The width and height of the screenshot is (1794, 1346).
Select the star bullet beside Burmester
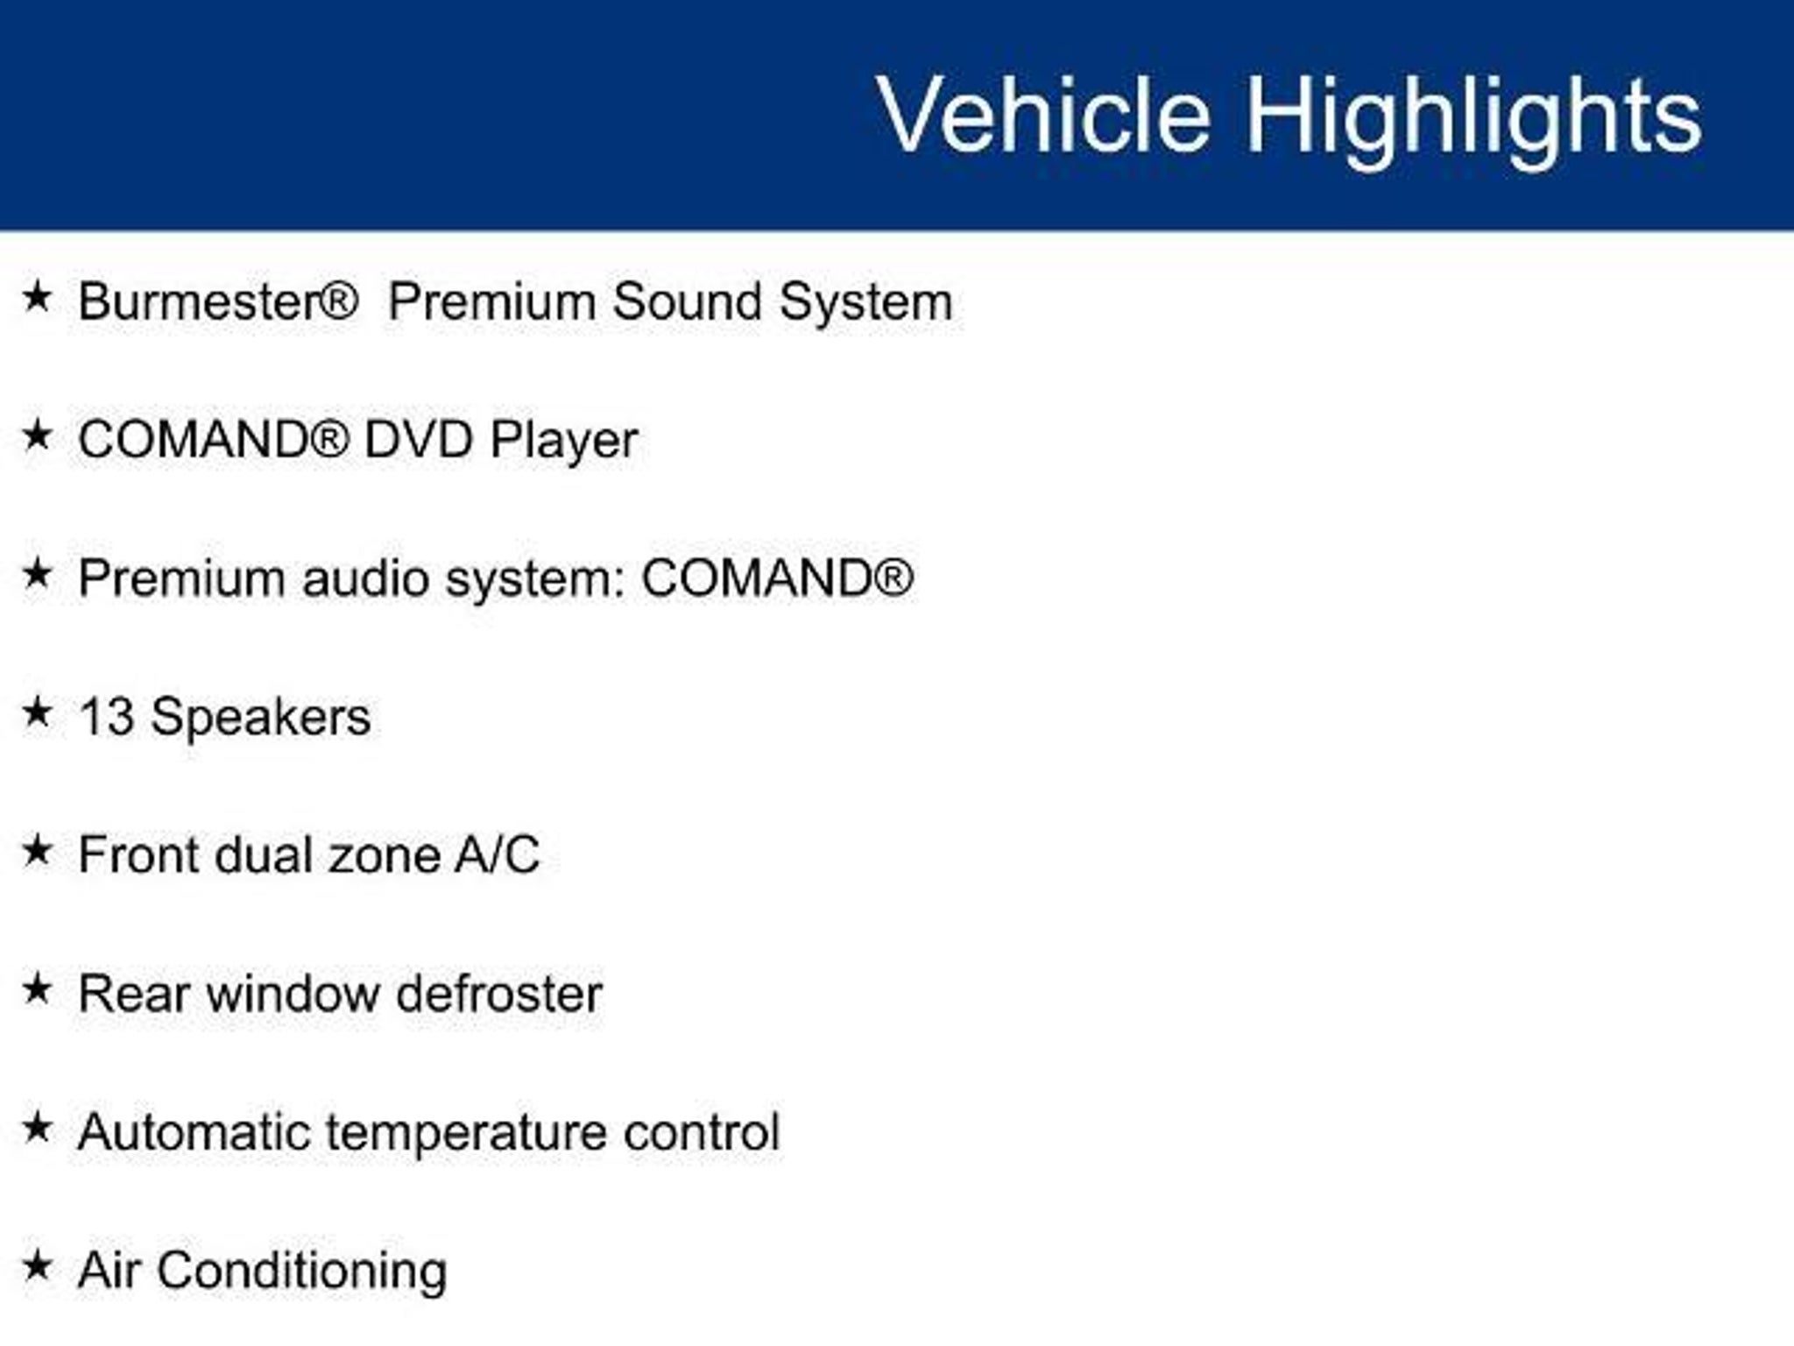pos(37,296)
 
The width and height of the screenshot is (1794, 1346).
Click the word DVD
pos(418,439)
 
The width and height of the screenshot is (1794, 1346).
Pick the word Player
pos(563,441)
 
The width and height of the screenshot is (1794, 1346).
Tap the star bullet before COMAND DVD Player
pos(37,435)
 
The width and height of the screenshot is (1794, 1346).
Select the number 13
pos(106,717)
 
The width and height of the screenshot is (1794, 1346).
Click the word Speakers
pos(260,719)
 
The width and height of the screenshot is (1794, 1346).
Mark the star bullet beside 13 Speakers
pos(37,712)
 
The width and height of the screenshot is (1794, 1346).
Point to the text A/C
pos(497,855)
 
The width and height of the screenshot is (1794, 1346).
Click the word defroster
pos(499,994)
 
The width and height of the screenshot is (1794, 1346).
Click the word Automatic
pos(194,1132)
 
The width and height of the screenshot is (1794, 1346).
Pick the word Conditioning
pos(302,1272)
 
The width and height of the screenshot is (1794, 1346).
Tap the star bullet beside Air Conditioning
pos(37,1266)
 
